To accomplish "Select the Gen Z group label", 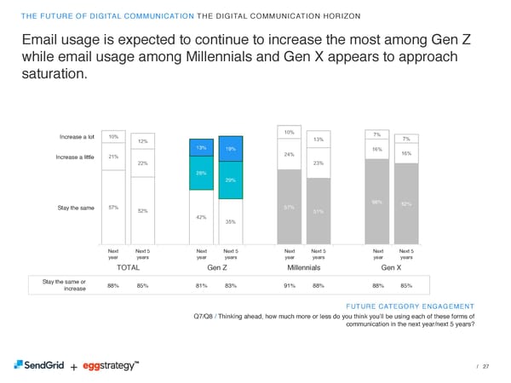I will (216, 267).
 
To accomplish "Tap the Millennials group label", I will (303, 267).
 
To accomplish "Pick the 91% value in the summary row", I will (289, 286).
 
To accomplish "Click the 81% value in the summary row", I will (200, 286).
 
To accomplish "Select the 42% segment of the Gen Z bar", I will (200, 217).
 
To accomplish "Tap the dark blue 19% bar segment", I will (230, 149).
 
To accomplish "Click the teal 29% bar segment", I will (230, 180).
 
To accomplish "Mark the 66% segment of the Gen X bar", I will (377, 202).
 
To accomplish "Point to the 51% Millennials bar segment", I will (319, 211).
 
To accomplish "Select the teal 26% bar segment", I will (200, 173).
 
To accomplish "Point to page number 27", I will (485, 367).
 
